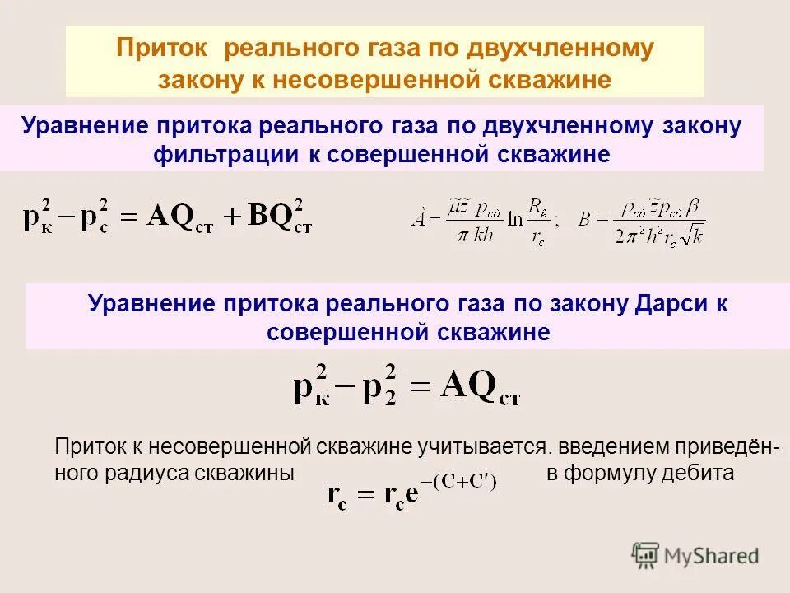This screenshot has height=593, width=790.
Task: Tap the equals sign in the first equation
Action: click(132, 217)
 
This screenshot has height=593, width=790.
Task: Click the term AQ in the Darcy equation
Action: click(470, 384)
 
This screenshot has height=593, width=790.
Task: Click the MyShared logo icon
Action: click(645, 554)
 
